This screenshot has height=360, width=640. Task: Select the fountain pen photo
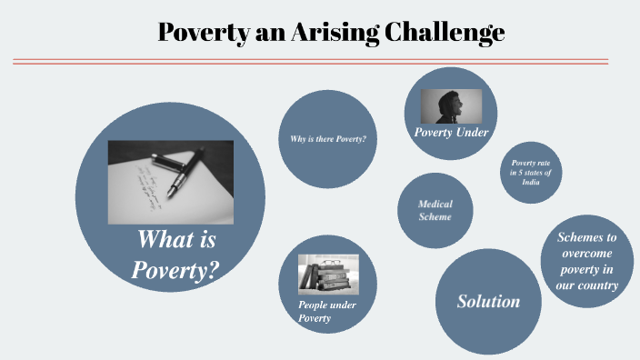(x=170, y=182)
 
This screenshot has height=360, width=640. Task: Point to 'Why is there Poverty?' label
(x=327, y=138)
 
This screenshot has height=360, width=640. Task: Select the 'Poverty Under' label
(x=452, y=133)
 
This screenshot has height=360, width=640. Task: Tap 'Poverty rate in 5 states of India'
(x=531, y=171)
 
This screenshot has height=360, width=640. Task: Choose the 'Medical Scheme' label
(x=435, y=210)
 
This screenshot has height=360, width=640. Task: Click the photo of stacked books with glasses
(x=328, y=274)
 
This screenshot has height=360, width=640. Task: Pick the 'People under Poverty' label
(x=326, y=311)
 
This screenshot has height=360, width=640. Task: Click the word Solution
(x=488, y=301)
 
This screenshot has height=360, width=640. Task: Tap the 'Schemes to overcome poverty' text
(x=586, y=261)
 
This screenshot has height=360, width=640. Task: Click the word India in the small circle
(x=531, y=181)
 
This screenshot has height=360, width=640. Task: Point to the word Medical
(x=435, y=204)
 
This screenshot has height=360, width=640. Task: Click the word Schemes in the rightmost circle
(x=586, y=237)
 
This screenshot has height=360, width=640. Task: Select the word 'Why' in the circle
(x=296, y=138)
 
